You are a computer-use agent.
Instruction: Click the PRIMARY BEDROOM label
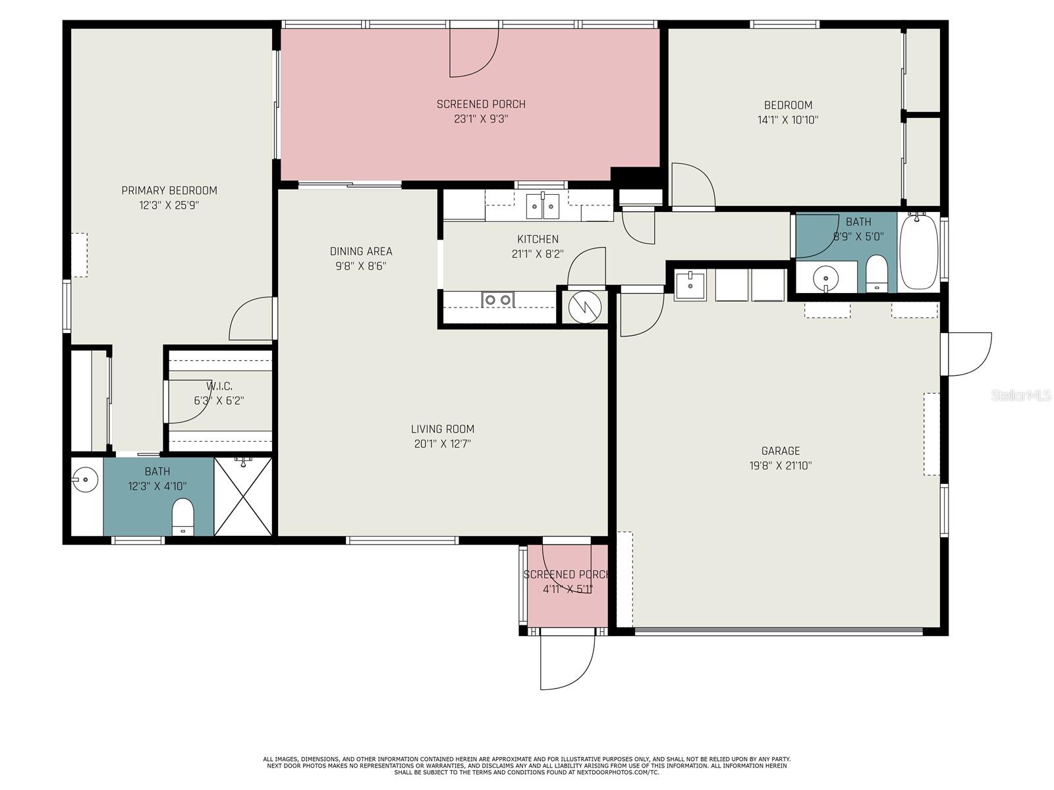[x=169, y=190]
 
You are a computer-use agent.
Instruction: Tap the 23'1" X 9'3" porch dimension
[x=481, y=119]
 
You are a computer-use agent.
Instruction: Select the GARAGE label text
[x=781, y=451]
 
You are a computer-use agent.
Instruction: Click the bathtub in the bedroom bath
[x=918, y=252]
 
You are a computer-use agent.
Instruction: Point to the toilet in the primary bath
[x=183, y=517]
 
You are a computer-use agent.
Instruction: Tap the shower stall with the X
[x=243, y=496]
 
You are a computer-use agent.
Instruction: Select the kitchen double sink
[x=542, y=207]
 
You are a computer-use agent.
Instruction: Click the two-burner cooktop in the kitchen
[x=497, y=300]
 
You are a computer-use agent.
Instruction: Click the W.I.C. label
[x=219, y=386]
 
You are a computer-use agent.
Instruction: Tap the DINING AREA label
[x=361, y=251]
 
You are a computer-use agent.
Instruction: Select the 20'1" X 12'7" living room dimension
[x=442, y=444]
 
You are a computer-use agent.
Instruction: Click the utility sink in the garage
[x=690, y=285]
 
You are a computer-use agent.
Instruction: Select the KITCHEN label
[x=538, y=239]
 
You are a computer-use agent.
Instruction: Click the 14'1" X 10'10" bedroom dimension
[x=788, y=120]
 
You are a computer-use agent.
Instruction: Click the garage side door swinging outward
[x=968, y=354]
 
